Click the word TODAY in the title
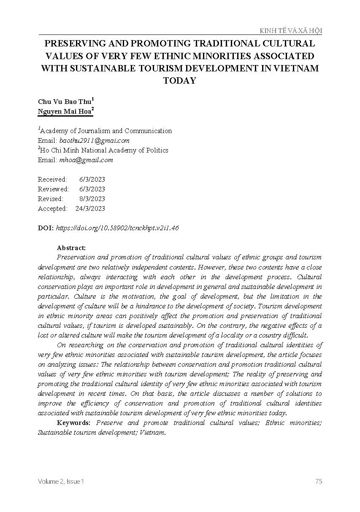tap(180, 81)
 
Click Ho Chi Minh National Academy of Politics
tap(104, 150)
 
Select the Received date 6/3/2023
tap(92, 180)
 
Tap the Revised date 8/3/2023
tap(92, 199)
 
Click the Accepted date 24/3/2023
tap(90, 209)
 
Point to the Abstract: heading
tap(71, 248)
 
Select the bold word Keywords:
tap(73, 423)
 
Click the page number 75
tap(319, 481)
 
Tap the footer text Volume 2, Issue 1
tap(61, 481)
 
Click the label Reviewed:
tap(53, 189)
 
